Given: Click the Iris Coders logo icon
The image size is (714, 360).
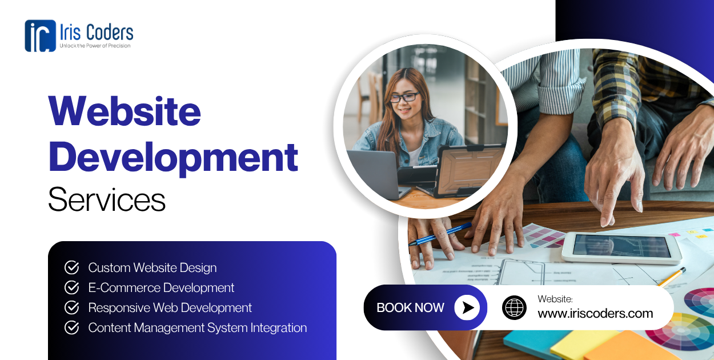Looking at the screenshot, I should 40,35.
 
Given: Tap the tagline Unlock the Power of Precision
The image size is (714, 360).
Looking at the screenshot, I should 95,46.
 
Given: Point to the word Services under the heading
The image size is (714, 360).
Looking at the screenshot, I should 107,199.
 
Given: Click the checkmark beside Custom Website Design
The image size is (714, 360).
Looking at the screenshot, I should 71,267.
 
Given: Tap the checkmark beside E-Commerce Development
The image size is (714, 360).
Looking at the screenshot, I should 71,287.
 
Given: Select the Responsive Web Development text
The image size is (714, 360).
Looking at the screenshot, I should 170,307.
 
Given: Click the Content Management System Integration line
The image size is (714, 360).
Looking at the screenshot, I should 197,327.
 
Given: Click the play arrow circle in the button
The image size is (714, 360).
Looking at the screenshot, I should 467,307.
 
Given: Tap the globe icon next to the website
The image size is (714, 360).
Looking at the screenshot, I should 514,307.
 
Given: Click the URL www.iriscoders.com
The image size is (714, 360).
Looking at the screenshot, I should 595,313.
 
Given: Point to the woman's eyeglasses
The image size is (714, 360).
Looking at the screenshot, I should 404,97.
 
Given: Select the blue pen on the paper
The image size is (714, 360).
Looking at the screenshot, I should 440,234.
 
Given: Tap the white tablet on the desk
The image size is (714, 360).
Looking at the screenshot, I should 621,247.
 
